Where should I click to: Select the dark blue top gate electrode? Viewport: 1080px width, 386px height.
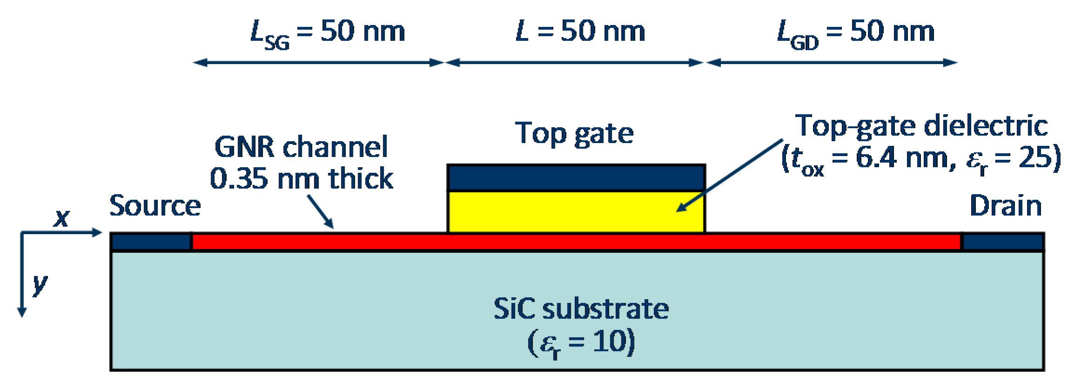pos(576,177)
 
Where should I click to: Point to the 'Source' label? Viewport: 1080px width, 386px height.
pos(155,206)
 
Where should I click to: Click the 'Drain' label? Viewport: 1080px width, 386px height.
pos(1006,206)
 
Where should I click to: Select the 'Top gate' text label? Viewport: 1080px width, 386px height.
pos(574,133)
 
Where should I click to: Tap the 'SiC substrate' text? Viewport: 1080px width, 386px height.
pos(581,309)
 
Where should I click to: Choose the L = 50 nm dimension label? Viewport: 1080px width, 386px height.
pos(580,32)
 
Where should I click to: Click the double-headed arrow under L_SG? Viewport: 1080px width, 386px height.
pos(319,62)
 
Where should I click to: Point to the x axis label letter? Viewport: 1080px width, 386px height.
pos(61,217)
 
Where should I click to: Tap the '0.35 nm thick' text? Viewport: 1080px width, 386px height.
pos(301,179)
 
